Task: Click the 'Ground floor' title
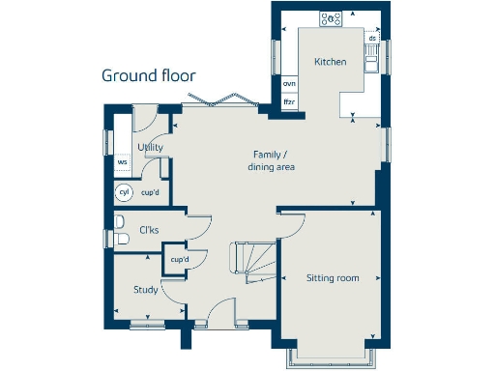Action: [x=149, y=75]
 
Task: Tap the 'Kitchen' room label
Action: [x=330, y=62]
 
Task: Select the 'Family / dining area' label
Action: [x=274, y=160]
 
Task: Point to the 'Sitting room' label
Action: [x=333, y=278]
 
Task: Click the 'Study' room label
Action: [x=146, y=289]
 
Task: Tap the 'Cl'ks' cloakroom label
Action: [x=149, y=230]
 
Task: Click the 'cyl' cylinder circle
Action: [x=123, y=192]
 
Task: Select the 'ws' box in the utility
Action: [x=123, y=162]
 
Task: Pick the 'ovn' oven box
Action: [x=288, y=84]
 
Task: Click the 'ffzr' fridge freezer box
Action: [x=288, y=101]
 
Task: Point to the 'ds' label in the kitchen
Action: [x=372, y=39]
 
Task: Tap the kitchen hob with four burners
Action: [x=332, y=17]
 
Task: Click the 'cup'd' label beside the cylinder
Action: [x=150, y=192]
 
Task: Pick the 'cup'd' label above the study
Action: [x=179, y=260]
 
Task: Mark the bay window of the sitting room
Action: [x=329, y=357]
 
